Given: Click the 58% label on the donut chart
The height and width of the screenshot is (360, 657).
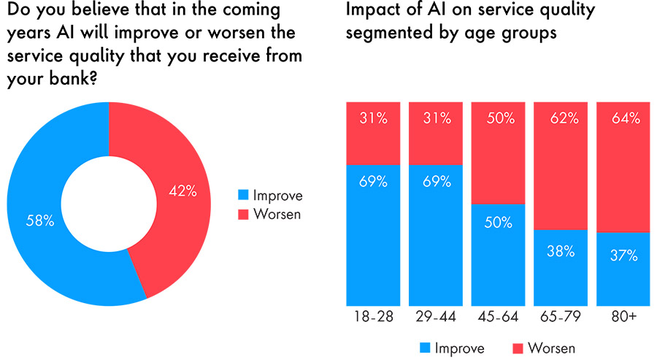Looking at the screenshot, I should click(39, 221).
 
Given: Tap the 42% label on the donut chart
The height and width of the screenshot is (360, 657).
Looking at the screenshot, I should click(182, 191).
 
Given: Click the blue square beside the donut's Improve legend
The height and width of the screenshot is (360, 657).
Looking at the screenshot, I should click(243, 196).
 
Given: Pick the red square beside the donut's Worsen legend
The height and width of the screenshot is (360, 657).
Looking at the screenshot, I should click(243, 215).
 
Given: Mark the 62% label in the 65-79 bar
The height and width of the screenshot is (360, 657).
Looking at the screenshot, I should click(561, 118).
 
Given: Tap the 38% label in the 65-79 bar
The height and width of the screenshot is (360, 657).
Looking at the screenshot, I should click(561, 252).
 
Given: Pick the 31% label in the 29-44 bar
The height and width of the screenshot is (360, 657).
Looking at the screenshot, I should click(435, 118).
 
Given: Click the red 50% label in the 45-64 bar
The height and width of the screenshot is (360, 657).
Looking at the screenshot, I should click(499, 118).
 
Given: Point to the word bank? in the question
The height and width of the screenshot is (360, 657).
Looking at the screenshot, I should click(74, 83).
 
